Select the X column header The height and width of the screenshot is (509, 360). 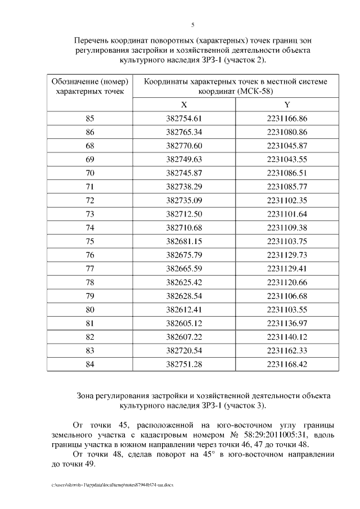pos(184,105)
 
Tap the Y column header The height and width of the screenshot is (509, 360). pos(287,105)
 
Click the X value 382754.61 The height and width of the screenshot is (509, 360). pos(184,119)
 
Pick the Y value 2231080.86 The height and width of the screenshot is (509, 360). pos(287,132)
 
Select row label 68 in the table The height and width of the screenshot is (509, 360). pos(89,146)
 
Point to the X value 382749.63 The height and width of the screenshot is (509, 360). pos(184,159)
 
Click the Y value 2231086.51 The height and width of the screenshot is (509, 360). pos(287,173)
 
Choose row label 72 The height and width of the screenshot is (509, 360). pos(89,200)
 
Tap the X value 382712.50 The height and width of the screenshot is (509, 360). pos(184,213)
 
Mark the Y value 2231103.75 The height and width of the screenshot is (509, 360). pos(287,240)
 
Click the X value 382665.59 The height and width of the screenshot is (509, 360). pos(184,267)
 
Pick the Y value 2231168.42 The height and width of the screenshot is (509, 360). pos(287,364)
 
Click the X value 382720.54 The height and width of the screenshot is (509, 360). pos(184,350)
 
